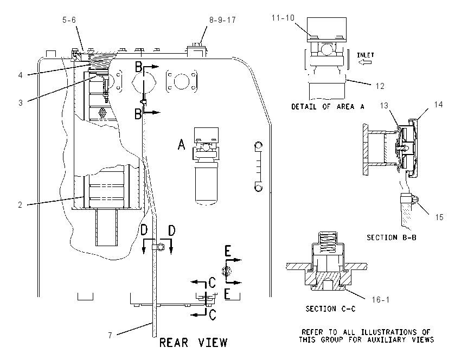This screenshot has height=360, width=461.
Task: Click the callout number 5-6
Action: (x=69, y=20)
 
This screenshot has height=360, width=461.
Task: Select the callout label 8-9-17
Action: (x=222, y=20)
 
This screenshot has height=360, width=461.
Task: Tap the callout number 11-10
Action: (x=283, y=18)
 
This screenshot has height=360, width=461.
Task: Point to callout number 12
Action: (x=380, y=86)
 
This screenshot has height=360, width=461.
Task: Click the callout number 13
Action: (x=384, y=106)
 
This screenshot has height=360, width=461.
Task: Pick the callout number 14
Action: (x=438, y=105)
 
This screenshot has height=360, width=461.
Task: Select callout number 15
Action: (x=439, y=217)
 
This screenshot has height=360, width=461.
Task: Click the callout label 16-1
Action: (x=380, y=300)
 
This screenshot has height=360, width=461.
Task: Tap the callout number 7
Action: (x=110, y=335)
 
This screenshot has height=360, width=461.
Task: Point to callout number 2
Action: (x=20, y=205)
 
